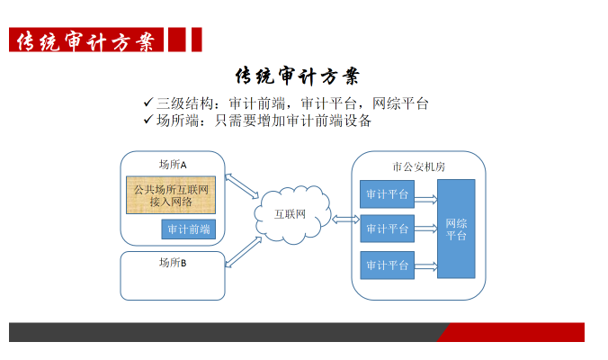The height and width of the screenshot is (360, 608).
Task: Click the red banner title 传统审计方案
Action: pyautogui.click(x=86, y=40)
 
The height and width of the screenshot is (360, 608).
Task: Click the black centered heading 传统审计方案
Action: pyautogui.click(x=298, y=76)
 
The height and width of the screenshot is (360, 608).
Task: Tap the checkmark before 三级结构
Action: pyautogui.click(x=148, y=103)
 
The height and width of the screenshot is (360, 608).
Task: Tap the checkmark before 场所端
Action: pyautogui.click(x=148, y=120)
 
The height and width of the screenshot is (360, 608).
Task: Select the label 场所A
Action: pyautogui.click(x=173, y=165)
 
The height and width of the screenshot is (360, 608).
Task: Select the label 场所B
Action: pyautogui.click(x=173, y=263)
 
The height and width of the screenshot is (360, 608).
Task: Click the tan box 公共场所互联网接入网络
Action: pyautogui.click(x=171, y=195)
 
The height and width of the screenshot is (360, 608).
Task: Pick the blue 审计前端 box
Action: pyautogui.click(x=189, y=229)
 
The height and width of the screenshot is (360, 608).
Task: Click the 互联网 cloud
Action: pyautogui.click(x=292, y=214)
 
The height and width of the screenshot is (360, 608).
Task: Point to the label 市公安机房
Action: pyautogui.click(x=419, y=166)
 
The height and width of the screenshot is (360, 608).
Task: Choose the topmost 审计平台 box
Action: pyautogui.click(x=387, y=194)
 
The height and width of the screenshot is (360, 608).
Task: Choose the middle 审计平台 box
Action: pyautogui.click(x=387, y=229)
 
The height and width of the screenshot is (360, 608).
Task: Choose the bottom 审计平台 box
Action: pyautogui.click(x=387, y=265)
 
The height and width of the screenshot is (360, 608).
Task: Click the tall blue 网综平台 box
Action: pyautogui.click(x=456, y=229)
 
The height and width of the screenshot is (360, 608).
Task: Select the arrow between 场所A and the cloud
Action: pyautogui.click(x=242, y=186)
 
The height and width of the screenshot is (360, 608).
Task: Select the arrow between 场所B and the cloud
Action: pyautogui.click(x=244, y=252)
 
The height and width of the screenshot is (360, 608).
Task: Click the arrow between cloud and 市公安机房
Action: pyautogui.click(x=346, y=220)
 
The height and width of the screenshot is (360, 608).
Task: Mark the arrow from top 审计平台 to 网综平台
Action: pyautogui.click(x=425, y=200)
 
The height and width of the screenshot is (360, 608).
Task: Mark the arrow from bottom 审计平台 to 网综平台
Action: pyautogui.click(x=425, y=266)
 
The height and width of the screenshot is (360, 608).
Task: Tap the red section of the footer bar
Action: pyautogui.click(x=512, y=332)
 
